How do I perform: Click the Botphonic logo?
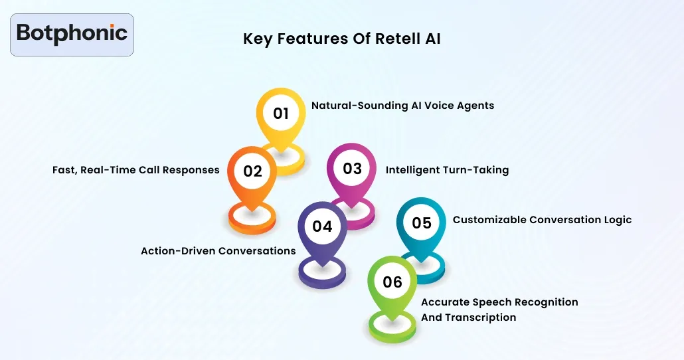pos(72,34)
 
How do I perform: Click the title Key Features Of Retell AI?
pos(341,39)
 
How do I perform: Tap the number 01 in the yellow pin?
pos(281,114)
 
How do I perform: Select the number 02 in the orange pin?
pos(252,171)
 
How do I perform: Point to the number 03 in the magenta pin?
pos(352,169)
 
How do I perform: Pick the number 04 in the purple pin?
pos(322,226)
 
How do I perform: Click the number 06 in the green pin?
pos(392,282)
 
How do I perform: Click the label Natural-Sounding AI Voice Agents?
pos(402,106)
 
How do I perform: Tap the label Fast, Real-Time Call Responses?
pos(136,170)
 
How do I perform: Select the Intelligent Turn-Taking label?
pos(447,170)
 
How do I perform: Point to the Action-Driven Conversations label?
pos(218,251)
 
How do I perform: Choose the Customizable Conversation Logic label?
pos(542,220)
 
